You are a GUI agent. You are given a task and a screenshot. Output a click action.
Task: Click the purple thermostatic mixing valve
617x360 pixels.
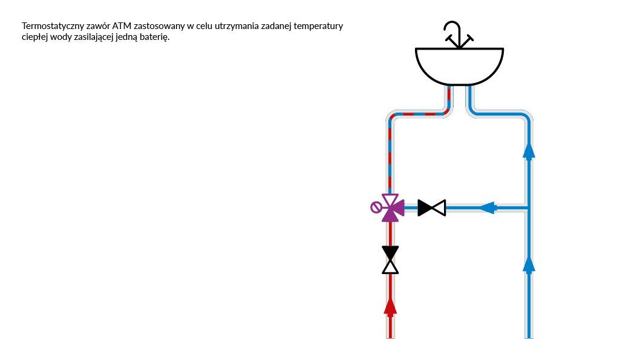(x=391, y=208)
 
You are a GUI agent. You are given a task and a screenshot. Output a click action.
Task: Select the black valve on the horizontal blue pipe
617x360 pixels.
(x=432, y=208)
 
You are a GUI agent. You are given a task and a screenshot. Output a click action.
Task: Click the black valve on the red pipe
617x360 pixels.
(x=391, y=260)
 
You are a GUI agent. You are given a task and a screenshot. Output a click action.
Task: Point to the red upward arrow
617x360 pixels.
(x=391, y=306)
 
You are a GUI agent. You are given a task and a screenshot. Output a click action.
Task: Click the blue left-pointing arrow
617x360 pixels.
(x=488, y=208)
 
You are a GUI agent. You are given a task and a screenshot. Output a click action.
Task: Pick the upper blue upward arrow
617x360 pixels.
(x=529, y=149)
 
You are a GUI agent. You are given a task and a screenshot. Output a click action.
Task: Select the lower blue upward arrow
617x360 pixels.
(x=529, y=263)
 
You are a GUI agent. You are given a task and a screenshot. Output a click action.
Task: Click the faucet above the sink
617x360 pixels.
(x=457, y=35)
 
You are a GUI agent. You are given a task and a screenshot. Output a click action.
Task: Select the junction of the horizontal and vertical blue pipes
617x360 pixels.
(x=529, y=208)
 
